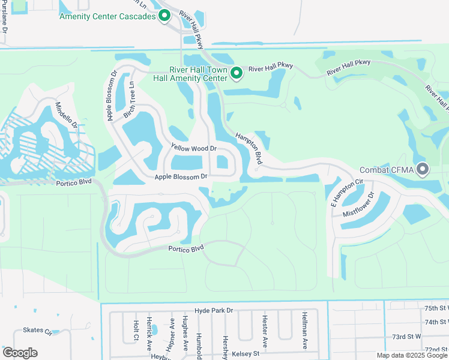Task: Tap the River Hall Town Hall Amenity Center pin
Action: tap(237, 73)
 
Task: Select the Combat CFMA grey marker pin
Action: tap(423, 170)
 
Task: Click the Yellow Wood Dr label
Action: tap(193, 148)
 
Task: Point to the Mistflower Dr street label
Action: tap(358, 205)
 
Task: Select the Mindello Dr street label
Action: tap(66, 116)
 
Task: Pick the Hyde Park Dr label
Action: tap(209, 310)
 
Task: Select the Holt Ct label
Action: tap(136, 330)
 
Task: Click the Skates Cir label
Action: tap(38, 330)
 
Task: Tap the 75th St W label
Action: tap(436, 308)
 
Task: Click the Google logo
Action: tap(20, 352)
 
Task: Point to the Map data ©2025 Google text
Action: tap(412, 355)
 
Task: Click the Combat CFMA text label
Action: tap(395, 170)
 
